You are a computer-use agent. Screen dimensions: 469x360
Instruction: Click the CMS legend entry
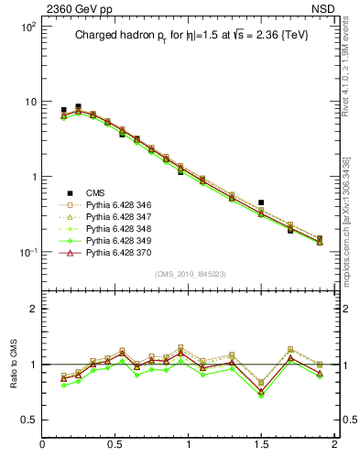(x=95, y=192)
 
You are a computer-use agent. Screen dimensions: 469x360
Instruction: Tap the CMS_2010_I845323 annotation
(x=189, y=275)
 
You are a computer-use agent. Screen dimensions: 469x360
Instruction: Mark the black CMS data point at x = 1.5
(x=261, y=202)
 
